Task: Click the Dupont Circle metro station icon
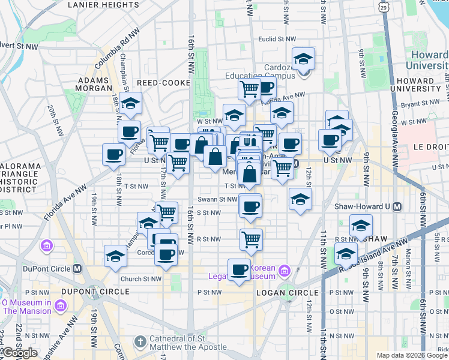(76, 268)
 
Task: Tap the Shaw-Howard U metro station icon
(397, 206)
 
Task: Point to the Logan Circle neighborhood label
(282, 292)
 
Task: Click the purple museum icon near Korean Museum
(284, 271)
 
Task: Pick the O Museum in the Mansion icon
(60, 307)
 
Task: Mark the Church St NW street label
(140, 278)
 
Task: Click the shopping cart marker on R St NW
(251, 239)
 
